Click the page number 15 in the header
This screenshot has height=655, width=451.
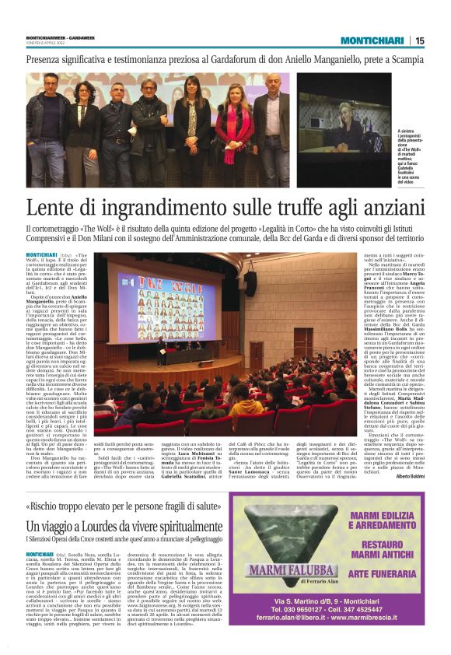[419, 40]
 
